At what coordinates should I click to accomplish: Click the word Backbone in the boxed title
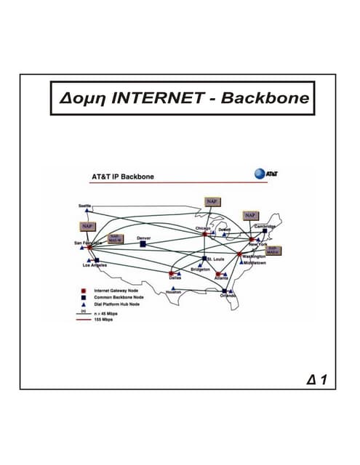click(265, 98)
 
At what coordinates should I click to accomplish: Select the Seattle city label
click(86, 206)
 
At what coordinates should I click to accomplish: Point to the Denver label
click(143, 238)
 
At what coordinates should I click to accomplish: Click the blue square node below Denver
click(143, 245)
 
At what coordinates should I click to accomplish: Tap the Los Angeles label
click(96, 265)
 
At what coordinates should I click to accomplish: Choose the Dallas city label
click(175, 278)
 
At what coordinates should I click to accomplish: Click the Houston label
click(173, 291)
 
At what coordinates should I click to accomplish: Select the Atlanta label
click(222, 278)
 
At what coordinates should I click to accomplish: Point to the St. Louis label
click(216, 259)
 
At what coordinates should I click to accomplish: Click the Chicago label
click(203, 228)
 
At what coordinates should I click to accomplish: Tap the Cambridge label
click(265, 226)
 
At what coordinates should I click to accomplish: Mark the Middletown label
click(255, 263)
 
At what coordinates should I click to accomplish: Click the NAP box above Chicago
click(212, 201)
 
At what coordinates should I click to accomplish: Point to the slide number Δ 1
click(318, 379)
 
